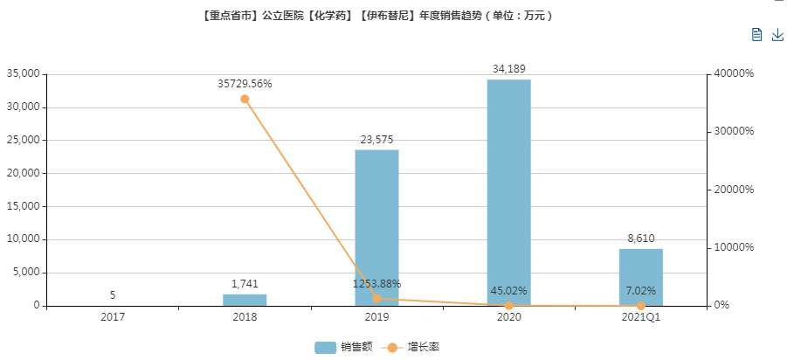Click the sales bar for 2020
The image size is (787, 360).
[x=508, y=192]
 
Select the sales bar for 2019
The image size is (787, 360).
[x=376, y=227]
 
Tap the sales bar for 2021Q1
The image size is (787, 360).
[x=640, y=277]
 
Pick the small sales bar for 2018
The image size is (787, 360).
[x=245, y=300]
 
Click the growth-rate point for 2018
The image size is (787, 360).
[x=245, y=99]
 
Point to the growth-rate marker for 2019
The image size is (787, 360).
[x=376, y=299]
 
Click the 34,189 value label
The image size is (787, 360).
[x=508, y=68]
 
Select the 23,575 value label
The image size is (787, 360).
[x=376, y=139]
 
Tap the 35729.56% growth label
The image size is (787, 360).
[x=245, y=84]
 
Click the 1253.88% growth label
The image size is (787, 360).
[x=376, y=283]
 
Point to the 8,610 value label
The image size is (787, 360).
[x=640, y=238]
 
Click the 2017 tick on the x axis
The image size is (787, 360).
[x=113, y=317]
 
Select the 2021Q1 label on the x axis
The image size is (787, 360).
[x=640, y=317]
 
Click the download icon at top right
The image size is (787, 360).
[x=777, y=34]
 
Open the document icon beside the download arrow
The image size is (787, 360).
[x=756, y=34]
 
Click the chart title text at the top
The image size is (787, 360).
[x=376, y=15]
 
